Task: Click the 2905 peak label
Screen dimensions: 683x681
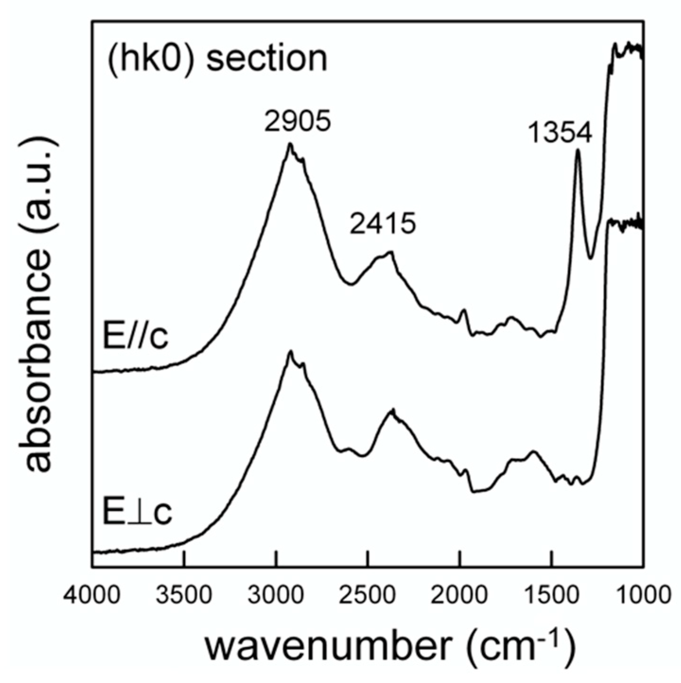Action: tap(297, 122)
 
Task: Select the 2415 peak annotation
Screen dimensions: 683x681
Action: tap(383, 224)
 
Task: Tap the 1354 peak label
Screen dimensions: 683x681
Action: tap(560, 134)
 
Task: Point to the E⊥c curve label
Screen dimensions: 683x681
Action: tap(137, 514)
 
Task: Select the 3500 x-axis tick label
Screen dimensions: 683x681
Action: tap(184, 594)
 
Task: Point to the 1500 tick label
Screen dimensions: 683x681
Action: tap(551, 594)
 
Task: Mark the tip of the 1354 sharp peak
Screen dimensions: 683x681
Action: tap(577, 150)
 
